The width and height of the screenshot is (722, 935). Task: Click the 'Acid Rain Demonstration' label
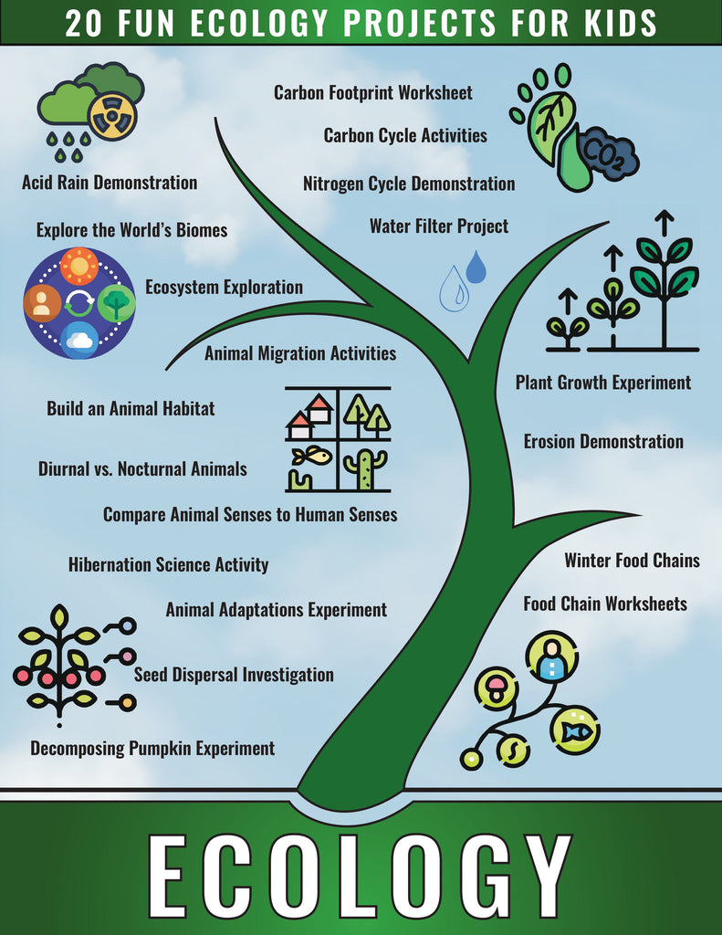(x=110, y=183)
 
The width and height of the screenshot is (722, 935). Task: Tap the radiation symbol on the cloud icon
(x=112, y=116)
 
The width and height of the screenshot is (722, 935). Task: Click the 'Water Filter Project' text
(x=439, y=226)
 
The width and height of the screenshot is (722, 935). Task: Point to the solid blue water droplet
(x=476, y=267)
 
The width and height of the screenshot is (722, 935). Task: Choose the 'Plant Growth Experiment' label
(x=602, y=383)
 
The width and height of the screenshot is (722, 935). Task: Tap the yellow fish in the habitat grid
(x=312, y=454)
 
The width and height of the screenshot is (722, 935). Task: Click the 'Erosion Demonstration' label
(x=603, y=442)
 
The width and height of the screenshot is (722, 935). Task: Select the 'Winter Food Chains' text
(x=632, y=560)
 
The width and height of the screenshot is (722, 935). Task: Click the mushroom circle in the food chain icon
(x=497, y=688)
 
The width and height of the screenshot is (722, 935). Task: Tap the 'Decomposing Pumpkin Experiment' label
(x=152, y=749)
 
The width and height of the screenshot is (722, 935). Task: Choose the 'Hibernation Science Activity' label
(x=168, y=564)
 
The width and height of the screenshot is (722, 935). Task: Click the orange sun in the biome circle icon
(x=79, y=266)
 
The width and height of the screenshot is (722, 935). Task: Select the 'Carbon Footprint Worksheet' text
(x=373, y=92)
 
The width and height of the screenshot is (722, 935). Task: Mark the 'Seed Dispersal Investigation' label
(x=234, y=675)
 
